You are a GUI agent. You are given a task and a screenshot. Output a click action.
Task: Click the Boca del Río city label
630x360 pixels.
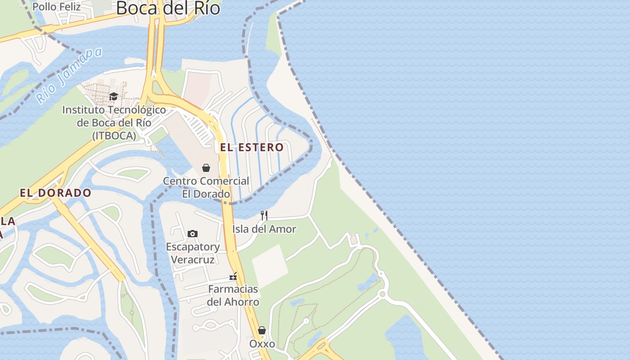[168, 8]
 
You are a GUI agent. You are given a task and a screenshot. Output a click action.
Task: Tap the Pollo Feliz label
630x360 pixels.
[57, 7]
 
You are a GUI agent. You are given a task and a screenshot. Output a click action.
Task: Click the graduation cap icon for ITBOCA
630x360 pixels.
[113, 97]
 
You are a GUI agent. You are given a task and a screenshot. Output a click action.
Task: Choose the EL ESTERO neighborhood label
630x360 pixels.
[252, 147]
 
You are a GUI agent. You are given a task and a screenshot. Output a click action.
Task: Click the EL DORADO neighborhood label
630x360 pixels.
[55, 193]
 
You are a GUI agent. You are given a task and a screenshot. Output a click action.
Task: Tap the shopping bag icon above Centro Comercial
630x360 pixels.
[206, 168]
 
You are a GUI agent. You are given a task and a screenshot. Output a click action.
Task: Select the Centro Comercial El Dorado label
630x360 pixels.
[206, 187]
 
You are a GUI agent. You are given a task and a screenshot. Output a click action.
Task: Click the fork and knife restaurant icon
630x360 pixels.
[264, 216]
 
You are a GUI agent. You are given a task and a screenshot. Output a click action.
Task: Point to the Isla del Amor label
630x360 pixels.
[264, 229]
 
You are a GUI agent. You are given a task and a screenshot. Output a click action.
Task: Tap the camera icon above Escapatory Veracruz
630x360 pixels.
[193, 234]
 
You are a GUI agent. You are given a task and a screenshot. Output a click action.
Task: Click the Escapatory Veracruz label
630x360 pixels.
[193, 253]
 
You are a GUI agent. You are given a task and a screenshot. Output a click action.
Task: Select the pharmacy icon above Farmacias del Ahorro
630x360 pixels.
[233, 276]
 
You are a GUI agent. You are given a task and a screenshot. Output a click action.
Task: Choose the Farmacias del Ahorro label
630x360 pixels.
[233, 295]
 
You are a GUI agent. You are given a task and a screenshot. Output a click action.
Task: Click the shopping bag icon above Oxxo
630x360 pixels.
[262, 331]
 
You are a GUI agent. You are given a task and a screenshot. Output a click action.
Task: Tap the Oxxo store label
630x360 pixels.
[262, 344]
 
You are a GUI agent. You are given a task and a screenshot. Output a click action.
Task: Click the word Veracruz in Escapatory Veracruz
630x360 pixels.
[193, 260]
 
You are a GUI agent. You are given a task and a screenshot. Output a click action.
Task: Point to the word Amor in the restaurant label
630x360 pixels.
[285, 229]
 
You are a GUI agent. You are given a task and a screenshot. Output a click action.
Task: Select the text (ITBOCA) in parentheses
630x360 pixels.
[114, 135]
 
